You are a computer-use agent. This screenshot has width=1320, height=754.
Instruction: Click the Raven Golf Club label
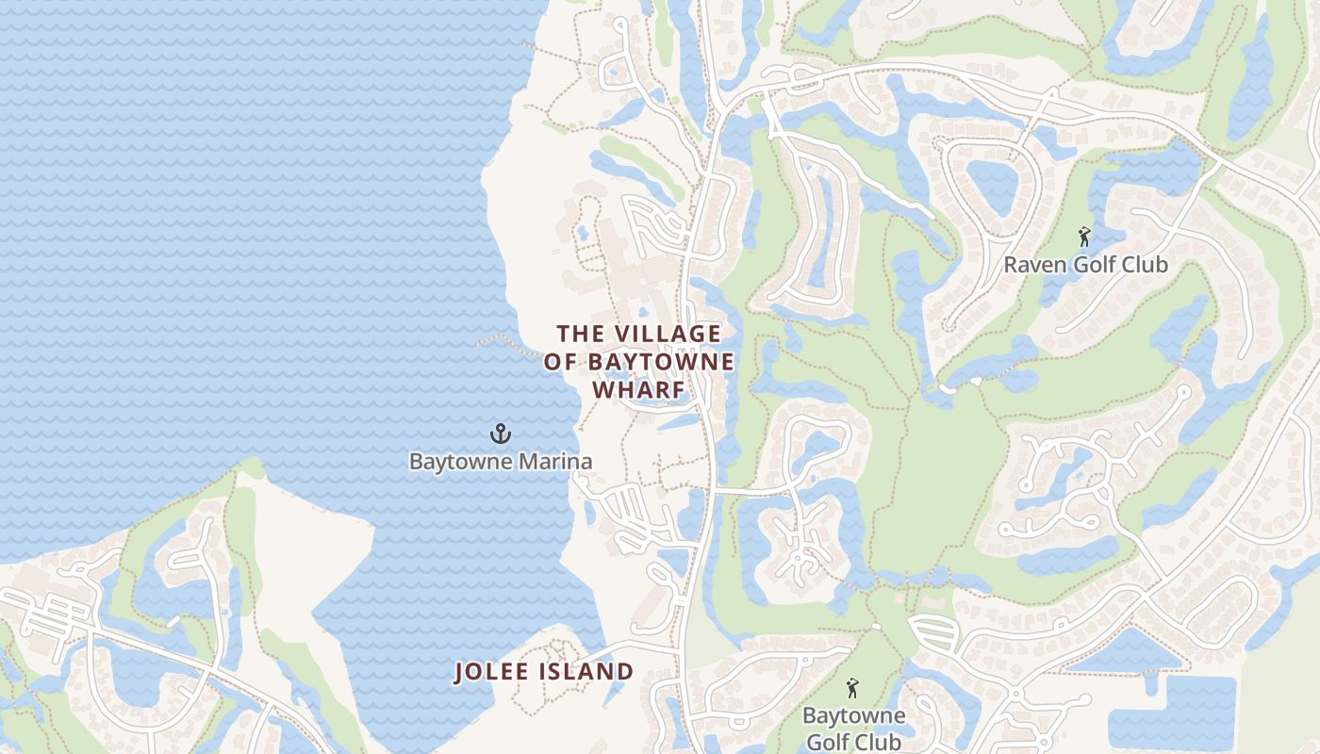click(x=1084, y=265)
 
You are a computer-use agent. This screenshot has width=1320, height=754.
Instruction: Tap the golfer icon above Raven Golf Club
click(x=1084, y=237)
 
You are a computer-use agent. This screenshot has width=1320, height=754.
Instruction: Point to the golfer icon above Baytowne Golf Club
click(x=853, y=688)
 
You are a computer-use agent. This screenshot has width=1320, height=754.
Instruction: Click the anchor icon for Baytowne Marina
click(x=500, y=434)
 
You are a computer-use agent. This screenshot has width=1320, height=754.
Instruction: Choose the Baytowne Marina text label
click(x=500, y=462)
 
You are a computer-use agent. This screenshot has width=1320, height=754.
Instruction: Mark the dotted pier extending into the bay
click(x=500, y=338)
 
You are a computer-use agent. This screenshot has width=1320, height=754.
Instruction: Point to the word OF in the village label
click(x=561, y=363)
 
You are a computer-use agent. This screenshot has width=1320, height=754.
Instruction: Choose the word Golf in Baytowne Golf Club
click(x=826, y=742)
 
